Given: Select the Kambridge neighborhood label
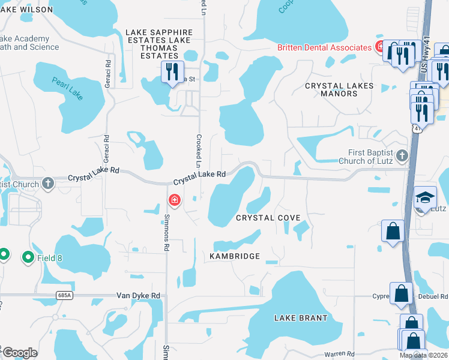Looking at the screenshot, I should tap(235, 256).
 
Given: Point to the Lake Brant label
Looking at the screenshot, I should tap(301, 317).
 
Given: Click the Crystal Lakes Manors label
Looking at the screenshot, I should tap(339, 89).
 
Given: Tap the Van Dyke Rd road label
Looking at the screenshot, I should tap(139, 296).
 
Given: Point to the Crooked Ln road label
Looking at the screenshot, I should tap(197, 150).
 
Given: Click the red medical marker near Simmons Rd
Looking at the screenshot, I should tap(174, 199).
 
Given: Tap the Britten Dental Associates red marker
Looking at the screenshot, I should tap(379, 46).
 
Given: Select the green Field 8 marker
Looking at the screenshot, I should tap(28, 257).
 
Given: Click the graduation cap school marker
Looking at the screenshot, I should tap(424, 197).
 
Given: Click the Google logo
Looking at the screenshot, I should tap(19, 353).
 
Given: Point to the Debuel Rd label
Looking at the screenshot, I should tap(435, 296).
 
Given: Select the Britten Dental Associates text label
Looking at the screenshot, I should tap(324, 47).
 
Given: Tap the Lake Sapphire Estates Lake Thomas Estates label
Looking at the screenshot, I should tap(158, 44).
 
